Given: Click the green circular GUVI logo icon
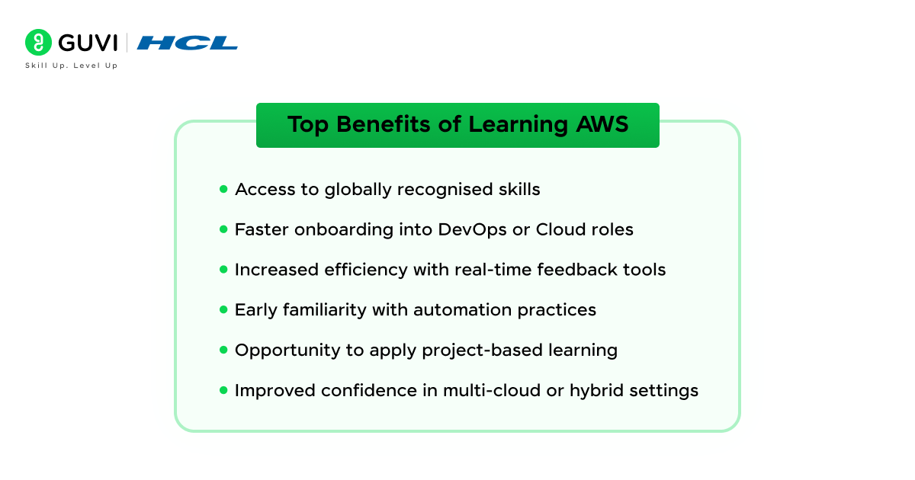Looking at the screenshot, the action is (x=38, y=42).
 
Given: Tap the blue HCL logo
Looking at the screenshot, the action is (x=187, y=43).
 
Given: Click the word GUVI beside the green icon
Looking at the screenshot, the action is (x=88, y=43).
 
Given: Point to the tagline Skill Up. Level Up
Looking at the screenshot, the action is (x=71, y=66).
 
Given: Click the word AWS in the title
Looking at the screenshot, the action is (x=602, y=124).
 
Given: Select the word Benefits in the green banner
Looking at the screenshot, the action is (x=383, y=124).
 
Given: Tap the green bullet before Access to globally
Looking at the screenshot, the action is (x=223, y=189).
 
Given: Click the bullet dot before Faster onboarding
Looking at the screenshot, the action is (x=223, y=229).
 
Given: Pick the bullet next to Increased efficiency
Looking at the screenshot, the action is (x=223, y=270).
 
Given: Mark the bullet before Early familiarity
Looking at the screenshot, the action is (x=223, y=310).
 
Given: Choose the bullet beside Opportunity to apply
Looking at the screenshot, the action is (x=223, y=350).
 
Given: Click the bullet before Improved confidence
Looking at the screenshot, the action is (x=223, y=390).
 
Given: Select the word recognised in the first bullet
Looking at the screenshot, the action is (x=445, y=190).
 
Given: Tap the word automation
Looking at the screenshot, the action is (x=462, y=310).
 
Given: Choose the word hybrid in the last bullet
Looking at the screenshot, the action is (x=596, y=391).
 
